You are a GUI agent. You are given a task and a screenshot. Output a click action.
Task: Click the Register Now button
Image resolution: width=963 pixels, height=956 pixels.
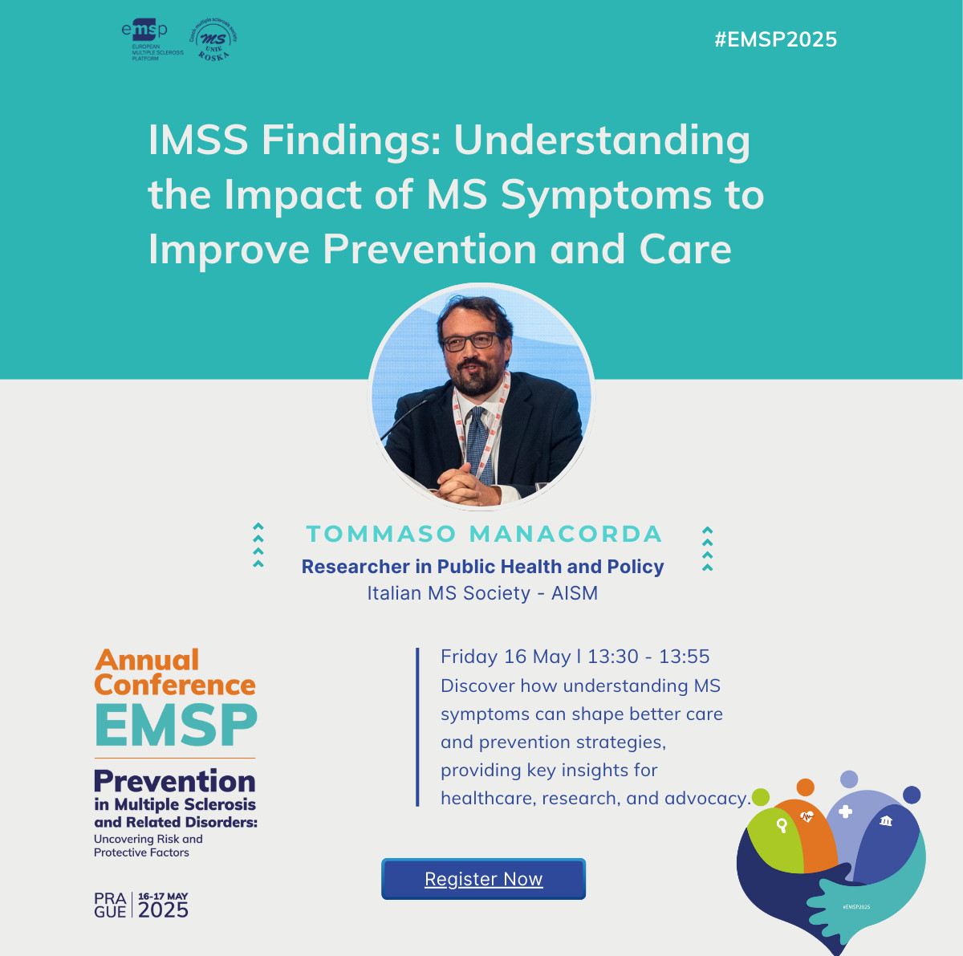(483, 878)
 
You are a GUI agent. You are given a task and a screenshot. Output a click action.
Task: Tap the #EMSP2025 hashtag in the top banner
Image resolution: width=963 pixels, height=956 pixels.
(775, 39)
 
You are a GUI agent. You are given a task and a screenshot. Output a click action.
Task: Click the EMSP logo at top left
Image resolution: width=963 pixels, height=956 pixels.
(152, 41)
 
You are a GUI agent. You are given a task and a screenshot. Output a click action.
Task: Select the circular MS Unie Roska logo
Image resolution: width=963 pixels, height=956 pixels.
(213, 39)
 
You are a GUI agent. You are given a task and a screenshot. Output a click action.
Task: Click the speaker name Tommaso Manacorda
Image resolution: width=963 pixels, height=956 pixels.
(484, 534)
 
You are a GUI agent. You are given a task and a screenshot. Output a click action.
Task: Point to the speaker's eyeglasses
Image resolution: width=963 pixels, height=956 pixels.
(471, 341)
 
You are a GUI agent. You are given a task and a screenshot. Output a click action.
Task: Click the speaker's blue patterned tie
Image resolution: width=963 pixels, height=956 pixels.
(477, 445)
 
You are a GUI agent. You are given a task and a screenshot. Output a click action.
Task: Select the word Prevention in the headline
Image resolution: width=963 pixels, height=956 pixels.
(429, 249)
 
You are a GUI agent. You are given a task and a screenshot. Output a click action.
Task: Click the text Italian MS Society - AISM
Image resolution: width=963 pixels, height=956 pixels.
(482, 593)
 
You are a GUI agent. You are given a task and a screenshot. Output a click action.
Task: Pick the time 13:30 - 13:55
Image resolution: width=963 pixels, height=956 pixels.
(648, 657)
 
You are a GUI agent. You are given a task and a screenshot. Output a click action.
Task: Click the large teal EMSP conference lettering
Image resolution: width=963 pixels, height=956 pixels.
(176, 725)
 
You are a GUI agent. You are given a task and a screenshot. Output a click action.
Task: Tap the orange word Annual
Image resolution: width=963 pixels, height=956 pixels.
(147, 660)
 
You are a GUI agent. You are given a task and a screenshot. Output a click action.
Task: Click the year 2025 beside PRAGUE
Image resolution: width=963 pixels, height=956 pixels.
(163, 910)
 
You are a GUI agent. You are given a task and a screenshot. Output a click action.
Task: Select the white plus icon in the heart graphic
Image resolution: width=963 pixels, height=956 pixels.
(845, 812)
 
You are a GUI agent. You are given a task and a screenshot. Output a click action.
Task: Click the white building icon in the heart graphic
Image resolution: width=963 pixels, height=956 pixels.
(885, 820)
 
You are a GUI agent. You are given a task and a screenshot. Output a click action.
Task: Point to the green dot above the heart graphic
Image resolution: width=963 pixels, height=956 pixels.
(761, 797)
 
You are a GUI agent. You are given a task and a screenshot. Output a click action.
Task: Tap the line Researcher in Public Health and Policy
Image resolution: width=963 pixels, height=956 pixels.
(483, 567)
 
